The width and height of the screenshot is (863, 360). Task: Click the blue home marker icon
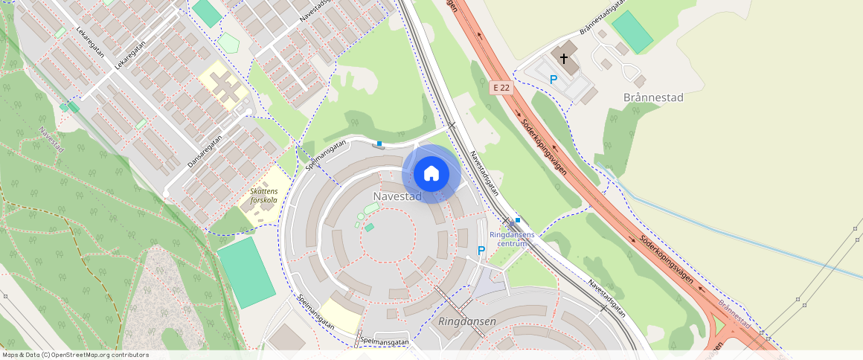click(x=431, y=174)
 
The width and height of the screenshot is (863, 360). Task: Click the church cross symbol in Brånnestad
click(x=564, y=58)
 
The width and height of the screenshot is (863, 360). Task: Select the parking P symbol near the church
click(x=553, y=80)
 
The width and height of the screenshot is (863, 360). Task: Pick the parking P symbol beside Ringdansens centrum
click(x=481, y=251)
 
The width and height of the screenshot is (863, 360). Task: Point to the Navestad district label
click(x=397, y=196)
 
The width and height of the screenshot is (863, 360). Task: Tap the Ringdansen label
click(x=467, y=322)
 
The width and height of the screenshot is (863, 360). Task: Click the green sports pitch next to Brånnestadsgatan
click(x=632, y=31)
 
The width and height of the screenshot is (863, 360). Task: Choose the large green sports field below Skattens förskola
click(x=246, y=271)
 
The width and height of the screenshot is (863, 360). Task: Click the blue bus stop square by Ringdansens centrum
click(x=518, y=220)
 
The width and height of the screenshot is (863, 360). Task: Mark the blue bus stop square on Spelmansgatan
click(x=379, y=143)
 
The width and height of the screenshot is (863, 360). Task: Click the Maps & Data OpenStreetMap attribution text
click(x=75, y=355)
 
